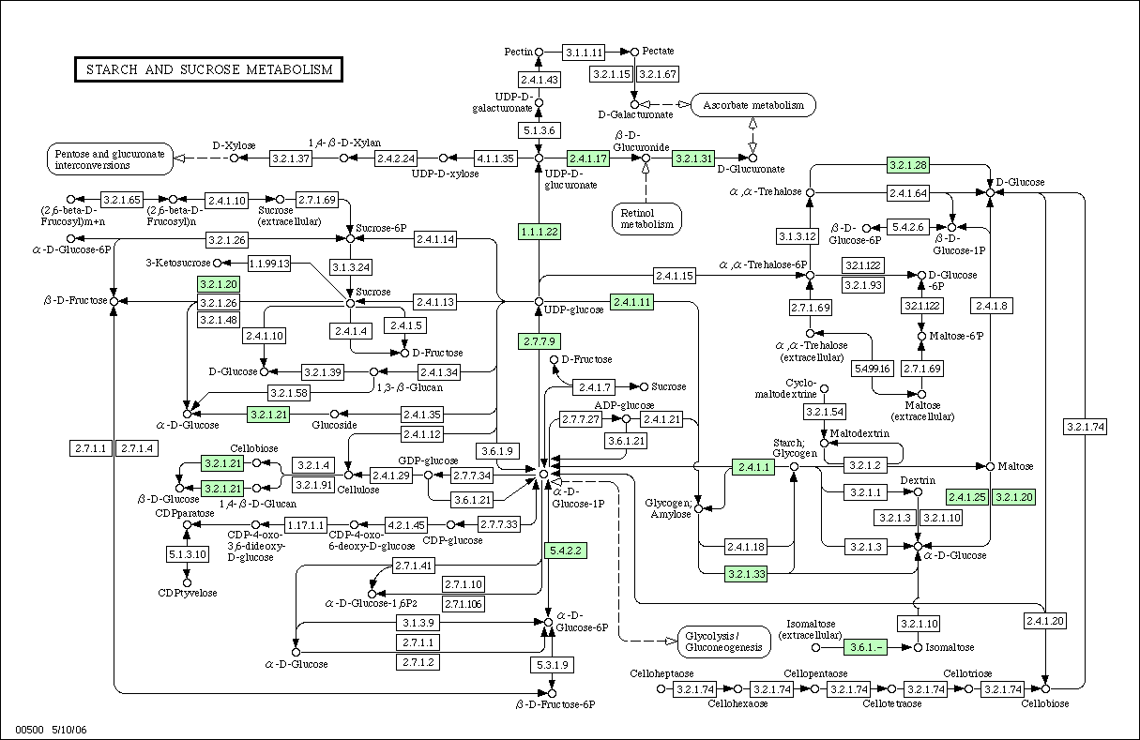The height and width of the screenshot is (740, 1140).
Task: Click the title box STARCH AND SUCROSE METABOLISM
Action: click(208, 69)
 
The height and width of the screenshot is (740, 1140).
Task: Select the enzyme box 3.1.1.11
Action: click(584, 52)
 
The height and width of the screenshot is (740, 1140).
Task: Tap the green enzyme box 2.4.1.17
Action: click(587, 159)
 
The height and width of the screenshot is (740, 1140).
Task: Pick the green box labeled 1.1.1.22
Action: click(540, 232)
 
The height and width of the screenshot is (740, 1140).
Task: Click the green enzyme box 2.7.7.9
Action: click(540, 341)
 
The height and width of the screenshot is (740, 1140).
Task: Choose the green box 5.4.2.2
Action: click(566, 551)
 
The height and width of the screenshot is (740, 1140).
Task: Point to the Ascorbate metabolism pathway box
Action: click(753, 105)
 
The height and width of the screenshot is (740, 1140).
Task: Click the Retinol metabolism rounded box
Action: click(646, 219)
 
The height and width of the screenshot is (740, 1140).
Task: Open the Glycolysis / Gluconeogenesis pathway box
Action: click(723, 642)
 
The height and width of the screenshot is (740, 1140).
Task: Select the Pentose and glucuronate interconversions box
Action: click(110, 159)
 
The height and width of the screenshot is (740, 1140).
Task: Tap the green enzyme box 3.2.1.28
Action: click(908, 165)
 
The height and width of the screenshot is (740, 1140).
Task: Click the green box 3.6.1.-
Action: click(865, 647)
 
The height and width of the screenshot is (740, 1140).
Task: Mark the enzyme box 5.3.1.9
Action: click(553, 665)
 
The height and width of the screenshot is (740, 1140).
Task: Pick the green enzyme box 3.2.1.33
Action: click(746, 574)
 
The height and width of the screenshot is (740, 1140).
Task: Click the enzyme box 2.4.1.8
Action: click(992, 306)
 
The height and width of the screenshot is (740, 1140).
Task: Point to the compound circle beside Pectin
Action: click(539, 52)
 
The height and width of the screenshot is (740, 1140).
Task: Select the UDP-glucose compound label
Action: click(573, 310)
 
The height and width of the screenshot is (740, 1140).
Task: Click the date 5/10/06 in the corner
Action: click(69, 730)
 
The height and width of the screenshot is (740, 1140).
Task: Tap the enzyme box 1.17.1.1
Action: click(305, 525)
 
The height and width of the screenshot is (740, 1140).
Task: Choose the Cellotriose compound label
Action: click(967, 673)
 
